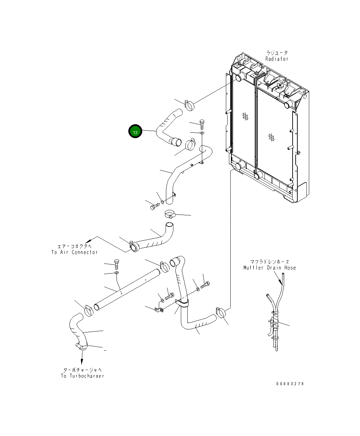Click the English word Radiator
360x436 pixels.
coord(277,59)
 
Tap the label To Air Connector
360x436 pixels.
coord(75,252)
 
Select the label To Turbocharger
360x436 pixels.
coord(83,376)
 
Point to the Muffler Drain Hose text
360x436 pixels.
coord(270,268)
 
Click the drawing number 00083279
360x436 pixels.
coord(290,384)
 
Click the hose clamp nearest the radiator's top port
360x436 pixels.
coord(190,105)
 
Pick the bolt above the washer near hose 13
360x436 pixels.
coord(202,123)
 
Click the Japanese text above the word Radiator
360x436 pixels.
coord(277,53)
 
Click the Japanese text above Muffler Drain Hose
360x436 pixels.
coord(270,262)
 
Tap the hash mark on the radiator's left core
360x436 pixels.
coord(245,116)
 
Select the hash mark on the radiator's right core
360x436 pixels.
coord(271,137)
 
